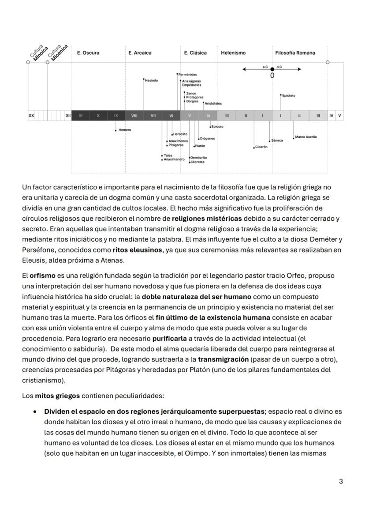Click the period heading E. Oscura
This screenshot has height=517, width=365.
(88, 53)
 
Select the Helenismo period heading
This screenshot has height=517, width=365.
(233, 53)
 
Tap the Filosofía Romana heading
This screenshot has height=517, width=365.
(295, 53)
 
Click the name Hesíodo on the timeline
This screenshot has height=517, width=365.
(151, 80)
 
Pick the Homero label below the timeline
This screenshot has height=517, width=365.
(125, 130)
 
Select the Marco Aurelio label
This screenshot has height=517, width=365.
(306, 137)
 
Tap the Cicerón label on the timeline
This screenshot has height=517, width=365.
(261, 147)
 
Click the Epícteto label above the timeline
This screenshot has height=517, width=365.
(289, 96)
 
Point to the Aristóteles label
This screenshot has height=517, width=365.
(213, 103)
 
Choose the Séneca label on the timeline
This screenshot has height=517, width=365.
(277, 140)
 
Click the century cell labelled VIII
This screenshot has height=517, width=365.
(134, 116)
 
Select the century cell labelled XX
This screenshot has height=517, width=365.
(31, 116)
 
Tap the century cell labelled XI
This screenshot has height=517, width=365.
(80, 116)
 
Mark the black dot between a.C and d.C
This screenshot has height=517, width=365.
(272, 69)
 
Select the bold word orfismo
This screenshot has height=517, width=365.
(42, 275)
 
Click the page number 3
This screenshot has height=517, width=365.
(341, 481)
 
